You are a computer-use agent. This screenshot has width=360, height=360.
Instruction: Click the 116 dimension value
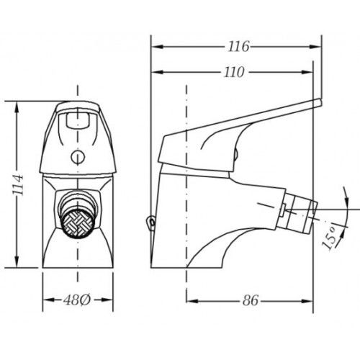[x=238, y=47]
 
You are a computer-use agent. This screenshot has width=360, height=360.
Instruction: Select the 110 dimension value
[x=234, y=72]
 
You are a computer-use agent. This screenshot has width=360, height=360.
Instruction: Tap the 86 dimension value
[x=251, y=300]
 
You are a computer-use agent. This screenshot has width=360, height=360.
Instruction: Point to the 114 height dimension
[x=18, y=185]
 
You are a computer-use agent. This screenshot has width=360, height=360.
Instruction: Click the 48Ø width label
[x=77, y=300]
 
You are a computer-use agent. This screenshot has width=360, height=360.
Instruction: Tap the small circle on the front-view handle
[x=78, y=157]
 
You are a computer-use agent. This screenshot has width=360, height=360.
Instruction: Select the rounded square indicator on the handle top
[x=78, y=120]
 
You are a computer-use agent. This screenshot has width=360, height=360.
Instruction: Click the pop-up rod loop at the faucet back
[x=151, y=221]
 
